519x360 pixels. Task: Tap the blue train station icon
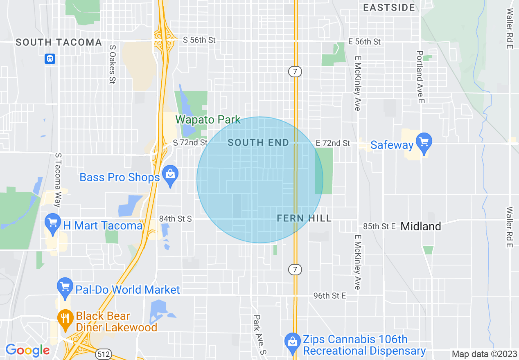point(50,59)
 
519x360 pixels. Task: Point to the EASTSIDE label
point(389,7)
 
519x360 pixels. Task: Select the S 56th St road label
point(199,40)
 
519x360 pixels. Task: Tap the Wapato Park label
point(208,120)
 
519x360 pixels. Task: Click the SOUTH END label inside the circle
point(258,142)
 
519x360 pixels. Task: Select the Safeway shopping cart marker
point(424,142)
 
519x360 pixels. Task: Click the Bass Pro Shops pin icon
point(169,174)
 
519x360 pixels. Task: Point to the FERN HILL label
point(304,218)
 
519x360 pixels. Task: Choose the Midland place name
point(421,226)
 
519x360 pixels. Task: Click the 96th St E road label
point(329,295)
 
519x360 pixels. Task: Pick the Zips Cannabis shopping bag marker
point(292,340)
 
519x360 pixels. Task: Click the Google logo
point(27,350)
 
